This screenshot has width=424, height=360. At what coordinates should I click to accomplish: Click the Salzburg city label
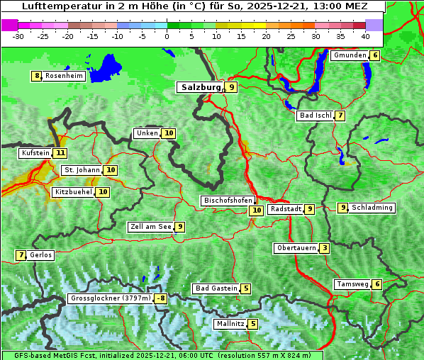point(200,87)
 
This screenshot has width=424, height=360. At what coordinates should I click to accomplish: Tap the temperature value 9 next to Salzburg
point(232,87)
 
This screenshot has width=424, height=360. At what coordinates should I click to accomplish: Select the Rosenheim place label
point(64,76)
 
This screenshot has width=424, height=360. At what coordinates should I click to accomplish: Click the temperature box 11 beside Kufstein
point(60,153)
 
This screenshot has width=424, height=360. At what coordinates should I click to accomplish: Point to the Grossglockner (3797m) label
point(111,299)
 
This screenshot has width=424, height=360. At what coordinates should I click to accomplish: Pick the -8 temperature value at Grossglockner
point(161,299)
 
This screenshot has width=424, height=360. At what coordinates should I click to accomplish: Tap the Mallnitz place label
point(230,324)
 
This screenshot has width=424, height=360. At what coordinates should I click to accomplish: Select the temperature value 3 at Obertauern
point(324,248)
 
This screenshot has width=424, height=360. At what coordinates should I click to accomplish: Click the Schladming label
point(372,208)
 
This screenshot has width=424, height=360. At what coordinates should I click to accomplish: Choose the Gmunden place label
point(350,55)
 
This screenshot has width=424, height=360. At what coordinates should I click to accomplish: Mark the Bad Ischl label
point(315,116)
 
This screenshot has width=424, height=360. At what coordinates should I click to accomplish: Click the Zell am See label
point(151,227)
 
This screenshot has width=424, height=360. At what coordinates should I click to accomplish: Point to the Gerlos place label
point(41,255)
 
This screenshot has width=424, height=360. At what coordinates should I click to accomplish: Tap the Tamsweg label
point(352,284)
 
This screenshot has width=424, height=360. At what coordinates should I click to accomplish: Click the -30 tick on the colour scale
point(18,35)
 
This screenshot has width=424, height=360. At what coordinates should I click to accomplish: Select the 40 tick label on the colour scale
point(365,35)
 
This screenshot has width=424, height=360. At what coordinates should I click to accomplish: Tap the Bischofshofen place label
point(228,201)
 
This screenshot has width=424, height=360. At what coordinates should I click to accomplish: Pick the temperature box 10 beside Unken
point(168,133)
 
